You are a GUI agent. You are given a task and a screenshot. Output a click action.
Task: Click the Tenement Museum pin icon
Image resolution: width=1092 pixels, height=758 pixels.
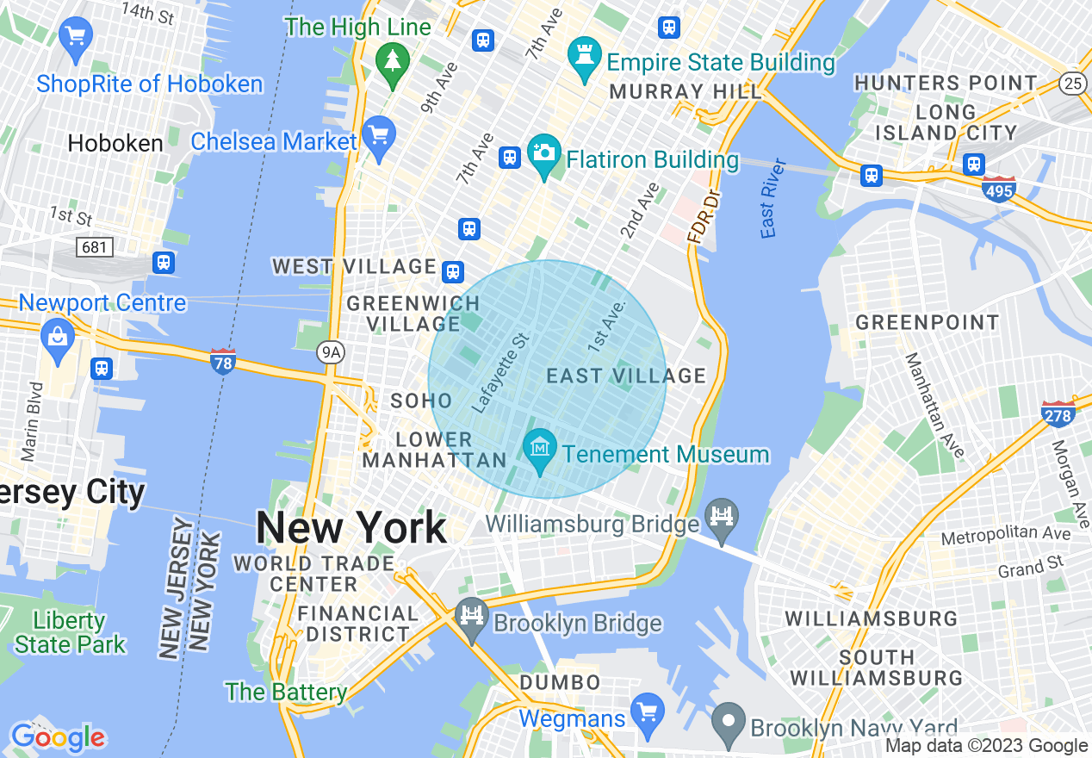(540, 450)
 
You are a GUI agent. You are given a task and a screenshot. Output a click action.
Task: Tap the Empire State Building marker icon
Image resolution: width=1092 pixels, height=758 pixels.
(585, 58)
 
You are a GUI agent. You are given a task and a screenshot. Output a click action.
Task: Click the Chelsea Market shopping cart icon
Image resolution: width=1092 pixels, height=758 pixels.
(378, 137)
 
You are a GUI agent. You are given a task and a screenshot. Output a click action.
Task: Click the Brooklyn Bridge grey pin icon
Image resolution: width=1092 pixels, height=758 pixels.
(471, 618)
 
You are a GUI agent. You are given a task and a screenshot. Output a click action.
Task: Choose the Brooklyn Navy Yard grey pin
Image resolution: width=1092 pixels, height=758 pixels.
(729, 723)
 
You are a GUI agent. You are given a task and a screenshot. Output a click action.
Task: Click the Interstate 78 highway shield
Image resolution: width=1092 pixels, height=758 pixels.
(223, 361)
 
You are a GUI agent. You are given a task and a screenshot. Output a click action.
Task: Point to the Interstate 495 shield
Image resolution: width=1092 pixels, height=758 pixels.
(998, 189)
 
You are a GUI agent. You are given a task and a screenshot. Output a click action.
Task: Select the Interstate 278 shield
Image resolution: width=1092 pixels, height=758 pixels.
(1058, 414)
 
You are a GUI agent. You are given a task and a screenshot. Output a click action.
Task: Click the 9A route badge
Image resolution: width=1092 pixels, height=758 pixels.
(329, 351)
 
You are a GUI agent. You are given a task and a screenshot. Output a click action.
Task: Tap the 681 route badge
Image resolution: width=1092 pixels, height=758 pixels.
(94, 248)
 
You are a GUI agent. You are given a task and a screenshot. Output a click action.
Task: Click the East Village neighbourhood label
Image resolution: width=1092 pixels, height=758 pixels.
(626, 376)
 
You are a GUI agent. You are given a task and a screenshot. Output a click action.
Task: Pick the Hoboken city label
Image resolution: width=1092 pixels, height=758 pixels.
(115, 143)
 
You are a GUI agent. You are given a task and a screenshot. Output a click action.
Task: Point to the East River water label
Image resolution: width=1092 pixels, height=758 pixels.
(770, 198)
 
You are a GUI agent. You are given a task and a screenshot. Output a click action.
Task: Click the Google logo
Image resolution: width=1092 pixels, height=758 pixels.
(57, 737)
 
